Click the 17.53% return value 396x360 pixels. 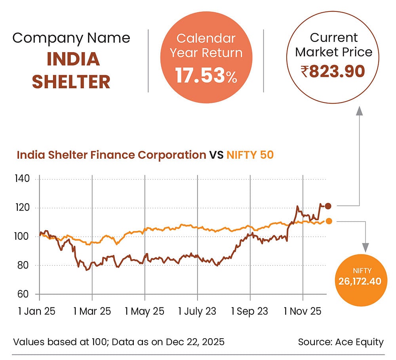(206, 76)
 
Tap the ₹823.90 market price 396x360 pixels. (333, 72)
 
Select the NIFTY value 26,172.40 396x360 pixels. (360, 281)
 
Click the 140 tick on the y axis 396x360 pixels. (23, 179)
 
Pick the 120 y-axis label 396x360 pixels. (23, 208)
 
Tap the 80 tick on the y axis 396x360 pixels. (24, 265)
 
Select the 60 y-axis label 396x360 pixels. (24, 294)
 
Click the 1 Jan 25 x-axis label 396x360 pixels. (37, 311)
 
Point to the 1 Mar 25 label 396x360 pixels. (92, 311)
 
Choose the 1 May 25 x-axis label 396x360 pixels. (145, 311)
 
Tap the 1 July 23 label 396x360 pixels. (197, 311)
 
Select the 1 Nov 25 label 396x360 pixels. (302, 311)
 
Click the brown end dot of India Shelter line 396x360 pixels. (328, 206)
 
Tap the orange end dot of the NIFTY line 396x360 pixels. (328, 221)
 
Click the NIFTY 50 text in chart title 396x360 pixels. (250, 155)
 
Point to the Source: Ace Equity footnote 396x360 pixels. (341, 342)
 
